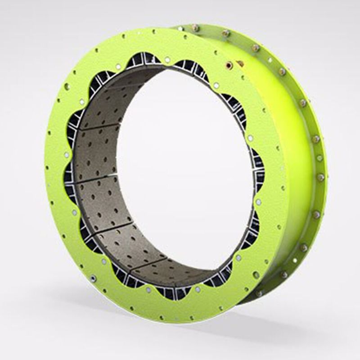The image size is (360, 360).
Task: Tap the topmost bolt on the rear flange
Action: (195, 28)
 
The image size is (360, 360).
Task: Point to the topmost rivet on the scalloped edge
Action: (167, 59)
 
